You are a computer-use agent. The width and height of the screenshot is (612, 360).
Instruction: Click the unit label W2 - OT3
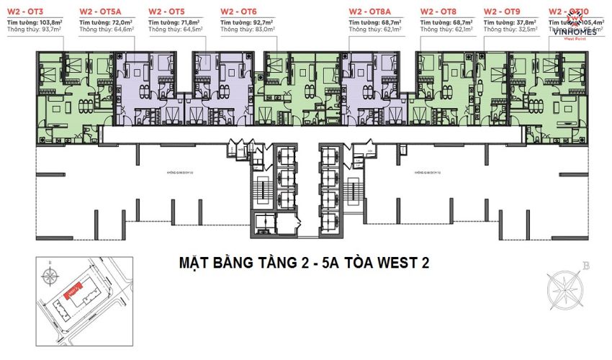click(27, 12)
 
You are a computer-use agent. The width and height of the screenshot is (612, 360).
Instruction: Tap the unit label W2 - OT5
click(166, 12)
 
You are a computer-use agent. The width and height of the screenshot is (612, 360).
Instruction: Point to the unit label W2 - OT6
click(239, 12)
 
